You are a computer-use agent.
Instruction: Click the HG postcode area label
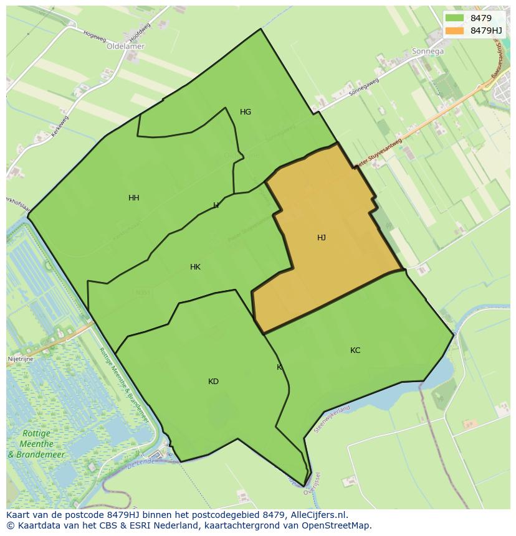pyautogui.click(x=246, y=112)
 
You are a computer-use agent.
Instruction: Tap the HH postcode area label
pyautogui.click(x=133, y=198)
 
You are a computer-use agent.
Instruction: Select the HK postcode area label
pyautogui.click(x=195, y=267)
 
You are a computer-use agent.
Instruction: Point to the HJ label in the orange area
pyautogui.click(x=322, y=238)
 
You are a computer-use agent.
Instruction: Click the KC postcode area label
pyautogui.click(x=355, y=350)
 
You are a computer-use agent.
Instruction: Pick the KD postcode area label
pyautogui.click(x=213, y=382)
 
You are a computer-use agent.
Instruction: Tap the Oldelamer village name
pyautogui.click(x=125, y=46)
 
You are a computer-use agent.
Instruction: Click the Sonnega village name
pyautogui.click(x=428, y=52)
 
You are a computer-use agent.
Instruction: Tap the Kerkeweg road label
pyautogui.click(x=60, y=127)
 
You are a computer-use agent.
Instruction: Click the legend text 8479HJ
pyautogui.click(x=486, y=30)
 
